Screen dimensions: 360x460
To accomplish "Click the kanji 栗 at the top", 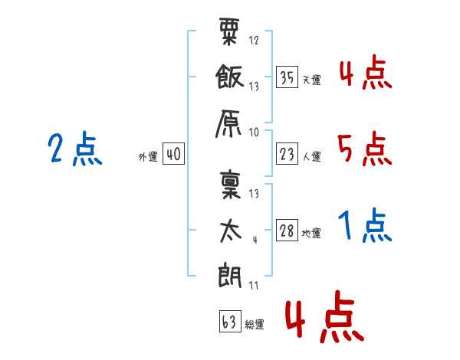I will pyautogui.click(x=229, y=35).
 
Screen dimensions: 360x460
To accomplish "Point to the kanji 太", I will pyautogui.click(x=229, y=230).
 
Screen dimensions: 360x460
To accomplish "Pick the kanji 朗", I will pyautogui.click(x=229, y=273).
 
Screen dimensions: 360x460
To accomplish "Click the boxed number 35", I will pyautogui.click(x=287, y=77).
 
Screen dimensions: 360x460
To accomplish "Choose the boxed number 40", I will pyautogui.click(x=172, y=155).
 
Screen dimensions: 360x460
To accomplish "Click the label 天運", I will pyautogui.click(x=311, y=80).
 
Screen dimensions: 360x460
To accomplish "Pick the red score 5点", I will pyautogui.click(x=363, y=149).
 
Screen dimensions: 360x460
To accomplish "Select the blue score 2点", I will pyautogui.click(x=74, y=149).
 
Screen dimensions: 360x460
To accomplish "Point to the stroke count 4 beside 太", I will pyautogui.click(x=254, y=239).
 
